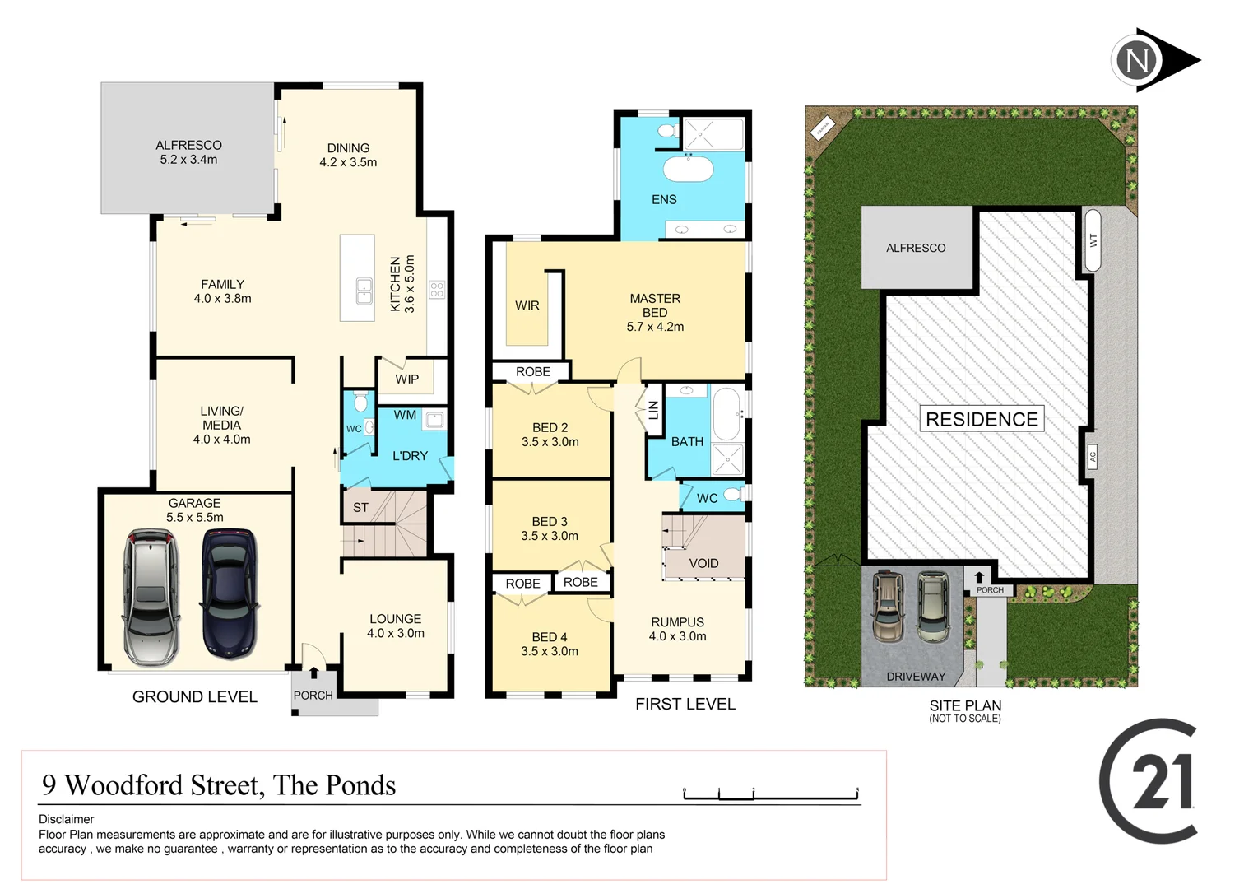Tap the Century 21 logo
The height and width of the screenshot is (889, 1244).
(x=1150, y=780)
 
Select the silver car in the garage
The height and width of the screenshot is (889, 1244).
(x=151, y=597)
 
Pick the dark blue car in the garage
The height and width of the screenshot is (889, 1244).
(x=230, y=593)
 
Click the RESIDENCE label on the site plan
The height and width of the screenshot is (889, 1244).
(x=982, y=419)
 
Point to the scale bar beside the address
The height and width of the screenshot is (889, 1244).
(x=770, y=794)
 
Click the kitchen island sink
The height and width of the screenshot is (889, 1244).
(x=363, y=290)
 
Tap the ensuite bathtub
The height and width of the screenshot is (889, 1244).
(x=688, y=169)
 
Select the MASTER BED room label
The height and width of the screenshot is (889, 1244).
(x=655, y=312)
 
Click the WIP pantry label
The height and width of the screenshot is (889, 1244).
(x=406, y=379)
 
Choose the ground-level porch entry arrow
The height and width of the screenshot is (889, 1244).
(x=313, y=673)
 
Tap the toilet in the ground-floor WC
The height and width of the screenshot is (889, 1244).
(x=360, y=403)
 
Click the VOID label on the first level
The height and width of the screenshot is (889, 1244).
(x=703, y=563)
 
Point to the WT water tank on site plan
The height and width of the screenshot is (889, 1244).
(x=1093, y=240)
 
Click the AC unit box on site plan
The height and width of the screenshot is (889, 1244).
(x=1093, y=456)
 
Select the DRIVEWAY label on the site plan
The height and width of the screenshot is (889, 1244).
(x=916, y=677)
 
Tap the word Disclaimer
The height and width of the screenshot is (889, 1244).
(x=66, y=819)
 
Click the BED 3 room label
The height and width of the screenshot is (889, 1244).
(x=550, y=528)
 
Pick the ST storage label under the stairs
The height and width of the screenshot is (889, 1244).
(x=360, y=507)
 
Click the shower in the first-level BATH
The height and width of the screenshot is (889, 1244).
(x=727, y=459)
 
